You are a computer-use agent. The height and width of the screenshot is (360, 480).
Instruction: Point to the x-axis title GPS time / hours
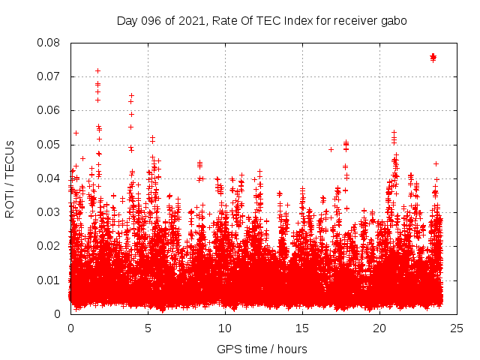click(262, 349)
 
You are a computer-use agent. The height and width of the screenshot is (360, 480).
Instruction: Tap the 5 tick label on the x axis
click(148, 328)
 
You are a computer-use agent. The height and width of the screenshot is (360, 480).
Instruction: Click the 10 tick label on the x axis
click(225, 328)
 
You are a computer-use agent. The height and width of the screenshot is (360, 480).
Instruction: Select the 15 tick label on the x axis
click(302, 328)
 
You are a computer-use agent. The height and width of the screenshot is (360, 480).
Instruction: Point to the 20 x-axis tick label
click(379, 328)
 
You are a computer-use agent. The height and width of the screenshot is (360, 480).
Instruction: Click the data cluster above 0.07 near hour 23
click(433, 57)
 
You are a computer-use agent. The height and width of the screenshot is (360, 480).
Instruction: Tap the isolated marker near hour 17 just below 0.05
click(331, 149)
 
